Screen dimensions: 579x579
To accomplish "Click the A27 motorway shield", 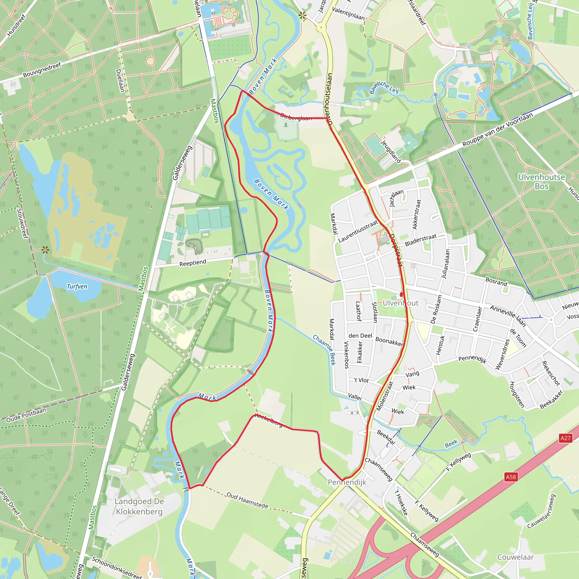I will click(x=565, y=438).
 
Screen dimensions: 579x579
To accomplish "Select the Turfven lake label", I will click(x=77, y=286).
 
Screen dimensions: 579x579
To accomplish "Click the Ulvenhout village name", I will click(x=400, y=303).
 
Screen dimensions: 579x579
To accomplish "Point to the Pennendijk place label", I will click(x=347, y=482).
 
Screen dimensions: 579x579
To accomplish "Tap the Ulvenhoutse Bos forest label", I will click(x=541, y=182).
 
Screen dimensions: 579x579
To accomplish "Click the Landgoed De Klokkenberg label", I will click(x=139, y=506).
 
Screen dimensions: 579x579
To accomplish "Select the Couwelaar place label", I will click(x=515, y=557).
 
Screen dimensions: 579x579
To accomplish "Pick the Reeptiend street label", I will click(x=193, y=263).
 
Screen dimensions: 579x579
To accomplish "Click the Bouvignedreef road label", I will click(x=42, y=70).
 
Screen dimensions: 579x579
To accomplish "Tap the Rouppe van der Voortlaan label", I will click(x=498, y=129).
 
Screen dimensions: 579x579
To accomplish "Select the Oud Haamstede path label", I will click(x=247, y=500).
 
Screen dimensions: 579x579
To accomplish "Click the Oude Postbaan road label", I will click(x=26, y=415).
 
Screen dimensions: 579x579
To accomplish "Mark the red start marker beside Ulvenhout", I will click(x=401, y=295).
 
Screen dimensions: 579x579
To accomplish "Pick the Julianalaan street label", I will click(x=446, y=264).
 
